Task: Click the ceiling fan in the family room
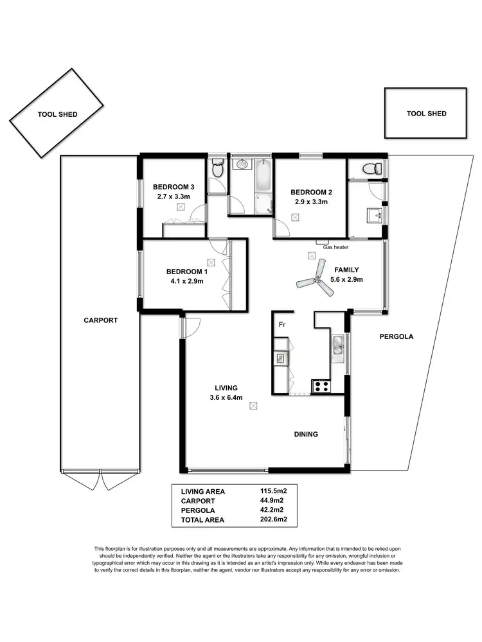pyautogui.click(x=316, y=281)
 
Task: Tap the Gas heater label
pyautogui.click(x=335, y=247)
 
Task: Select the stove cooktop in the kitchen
pyautogui.click(x=321, y=386)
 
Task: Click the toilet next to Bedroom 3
pyautogui.click(x=217, y=170)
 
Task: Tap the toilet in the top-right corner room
pyautogui.click(x=370, y=169)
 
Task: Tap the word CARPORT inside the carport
pyautogui.click(x=101, y=320)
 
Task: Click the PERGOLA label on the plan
pyautogui.click(x=396, y=336)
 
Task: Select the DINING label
pyautogui.click(x=306, y=435)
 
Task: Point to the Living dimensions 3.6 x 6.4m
pyautogui.click(x=226, y=397)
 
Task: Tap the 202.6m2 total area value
pyautogui.click(x=272, y=519)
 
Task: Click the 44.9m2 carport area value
pyautogui.click(x=272, y=501)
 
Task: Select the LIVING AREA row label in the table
pyautogui.click(x=204, y=492)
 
